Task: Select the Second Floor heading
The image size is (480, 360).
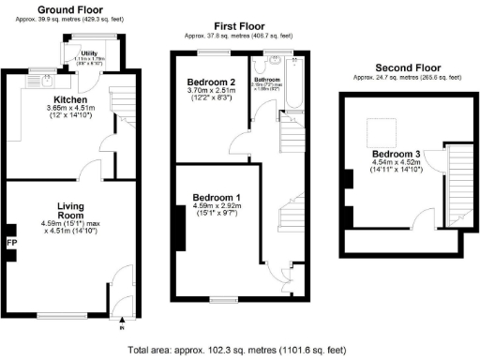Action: (x=408, y=67)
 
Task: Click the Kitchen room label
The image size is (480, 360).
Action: (x=70, y=98)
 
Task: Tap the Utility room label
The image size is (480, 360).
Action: (x=90, y=53)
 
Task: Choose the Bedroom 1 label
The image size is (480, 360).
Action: (x=217, y=197)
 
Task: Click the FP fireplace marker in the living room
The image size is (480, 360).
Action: (x=12, y=242)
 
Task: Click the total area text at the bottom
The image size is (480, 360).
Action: (x=241, y=349)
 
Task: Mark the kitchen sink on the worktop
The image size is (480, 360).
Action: (x=44, y=82)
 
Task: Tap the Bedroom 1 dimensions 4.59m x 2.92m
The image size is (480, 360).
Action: (x=217, y=208)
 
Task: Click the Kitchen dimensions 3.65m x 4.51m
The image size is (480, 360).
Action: (x=70, y=109)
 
